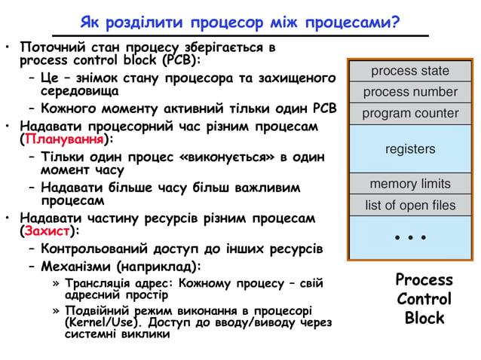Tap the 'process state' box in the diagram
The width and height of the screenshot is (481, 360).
[410, 71]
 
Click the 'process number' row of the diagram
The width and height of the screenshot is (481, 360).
[410, 92]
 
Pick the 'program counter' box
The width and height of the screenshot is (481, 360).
[410, 114]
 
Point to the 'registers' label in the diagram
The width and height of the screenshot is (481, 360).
[410, 149]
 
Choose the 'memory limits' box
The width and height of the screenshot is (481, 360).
[410, 184]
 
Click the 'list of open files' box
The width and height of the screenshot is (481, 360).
[410, 205]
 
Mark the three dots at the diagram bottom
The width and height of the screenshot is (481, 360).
[410, 239]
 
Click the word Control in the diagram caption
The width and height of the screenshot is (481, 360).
[424, 299]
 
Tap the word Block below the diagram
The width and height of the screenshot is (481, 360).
[424, 318]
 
